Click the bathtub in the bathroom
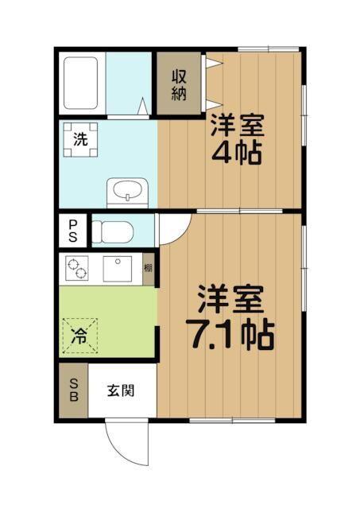click(80, 84)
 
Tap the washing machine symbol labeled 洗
click(81, 139)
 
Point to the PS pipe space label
click(72, 231)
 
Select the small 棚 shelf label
click(148, 270)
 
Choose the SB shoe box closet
click(72, 392)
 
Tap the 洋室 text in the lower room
click(230, 301)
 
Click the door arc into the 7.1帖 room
click(172, 228)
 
